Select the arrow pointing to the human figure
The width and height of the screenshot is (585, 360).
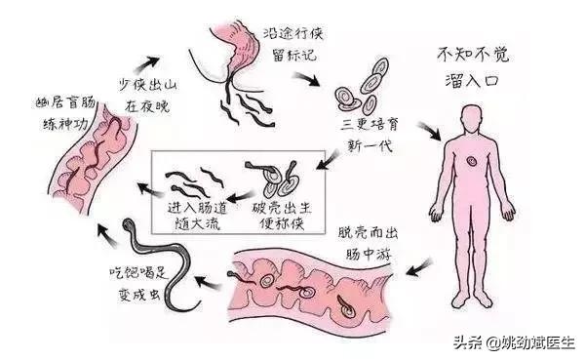click(427, 132)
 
